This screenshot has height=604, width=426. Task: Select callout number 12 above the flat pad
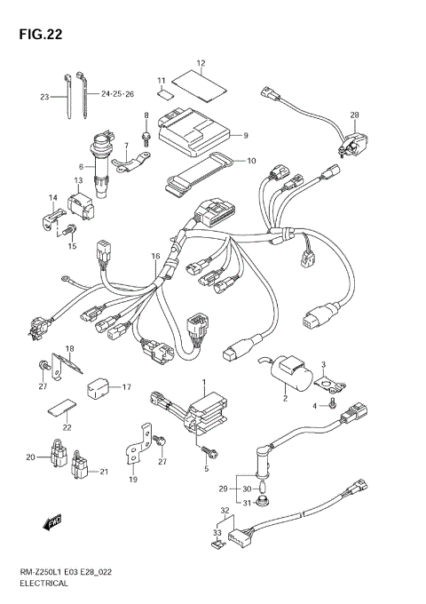(x=201, y=63)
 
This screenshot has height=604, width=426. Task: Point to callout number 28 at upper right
(x=353, y=115)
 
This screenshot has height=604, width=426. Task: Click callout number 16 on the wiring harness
(x=155, y=258)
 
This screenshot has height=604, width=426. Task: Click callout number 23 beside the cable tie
(x=44, y=97)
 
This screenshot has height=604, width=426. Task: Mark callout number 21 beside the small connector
(x=104, y=471)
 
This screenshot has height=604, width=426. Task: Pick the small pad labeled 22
(x=58, y=409)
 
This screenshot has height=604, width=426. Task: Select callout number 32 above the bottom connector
(x=225, y=511)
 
